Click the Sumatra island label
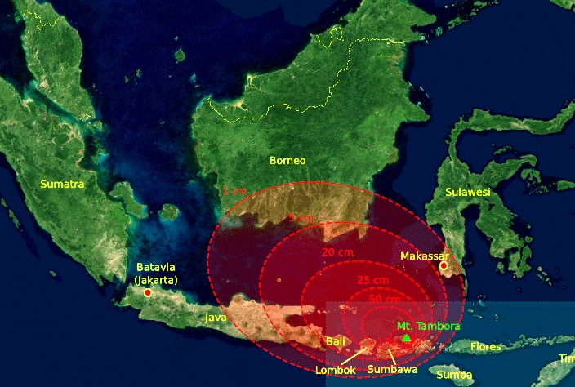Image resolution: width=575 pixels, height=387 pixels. pyautogui.click(x=62, y=185)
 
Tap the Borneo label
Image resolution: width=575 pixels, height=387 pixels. pyautogui.click(x=287, y=161)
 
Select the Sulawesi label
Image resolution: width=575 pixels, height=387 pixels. pyautogui.click(x=467, y=192)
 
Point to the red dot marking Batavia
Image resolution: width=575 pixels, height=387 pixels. pyautogui.click(x=148, y=292)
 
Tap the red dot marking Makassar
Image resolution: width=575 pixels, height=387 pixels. pyautogui.click(x=444, y=265)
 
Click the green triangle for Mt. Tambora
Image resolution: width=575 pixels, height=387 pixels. pyautogui.click(x=406, y=337)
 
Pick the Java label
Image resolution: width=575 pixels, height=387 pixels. pyautogui.click(x=216, y=317)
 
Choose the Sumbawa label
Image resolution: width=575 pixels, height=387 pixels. pyautogui.click(x=392, y=370)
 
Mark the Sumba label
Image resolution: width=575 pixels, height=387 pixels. pyautogui.click(x=454, y=375)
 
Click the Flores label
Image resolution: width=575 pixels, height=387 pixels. pyautogui.click(x=487, y=347)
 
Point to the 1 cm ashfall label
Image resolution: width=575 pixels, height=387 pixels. pyautogui.click(x=234, y=191)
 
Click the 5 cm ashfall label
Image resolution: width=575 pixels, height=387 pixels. pyautogui.click(x=301, y=218)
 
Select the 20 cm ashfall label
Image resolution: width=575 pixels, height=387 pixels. pyautogui.click(x=337, y=253)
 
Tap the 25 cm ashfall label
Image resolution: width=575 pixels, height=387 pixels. pyautogui.click(x=372, y=281)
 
